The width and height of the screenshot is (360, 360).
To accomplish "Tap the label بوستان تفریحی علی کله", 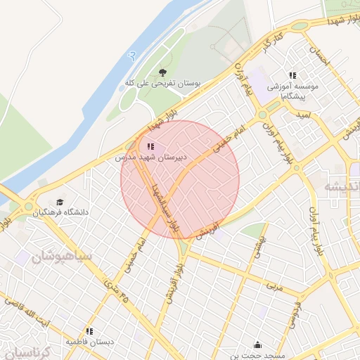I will (163, 83).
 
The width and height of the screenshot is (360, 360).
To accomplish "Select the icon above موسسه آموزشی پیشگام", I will (292, 75).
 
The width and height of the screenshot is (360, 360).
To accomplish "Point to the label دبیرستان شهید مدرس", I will (150, 158).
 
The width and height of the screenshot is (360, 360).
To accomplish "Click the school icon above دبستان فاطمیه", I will (89, 330).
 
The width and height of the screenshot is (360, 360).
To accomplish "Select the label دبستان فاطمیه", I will (90, 342).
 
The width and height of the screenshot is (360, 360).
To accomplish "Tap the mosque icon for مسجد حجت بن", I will (258, 345).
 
